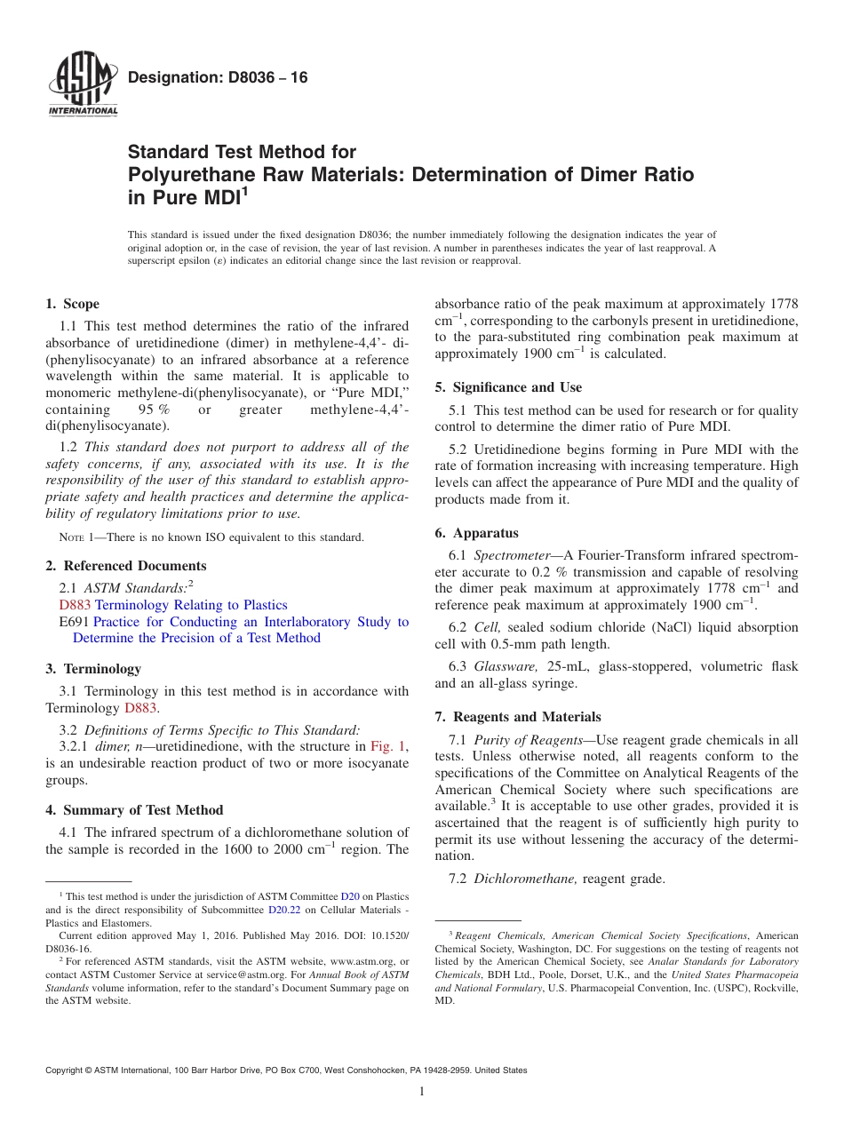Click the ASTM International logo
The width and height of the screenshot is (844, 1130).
click(82, 84)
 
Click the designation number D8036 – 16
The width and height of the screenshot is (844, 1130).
click(218, 77)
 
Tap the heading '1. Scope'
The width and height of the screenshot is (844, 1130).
click(72, 304)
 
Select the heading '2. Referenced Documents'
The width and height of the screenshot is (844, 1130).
click(125, 566)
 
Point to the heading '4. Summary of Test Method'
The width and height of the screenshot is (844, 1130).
click(134, 810)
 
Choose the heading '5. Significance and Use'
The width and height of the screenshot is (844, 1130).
click(508, 387)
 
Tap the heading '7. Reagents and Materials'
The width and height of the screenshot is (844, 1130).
click(518, 717)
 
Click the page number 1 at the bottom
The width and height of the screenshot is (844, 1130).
click(422, 1091)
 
